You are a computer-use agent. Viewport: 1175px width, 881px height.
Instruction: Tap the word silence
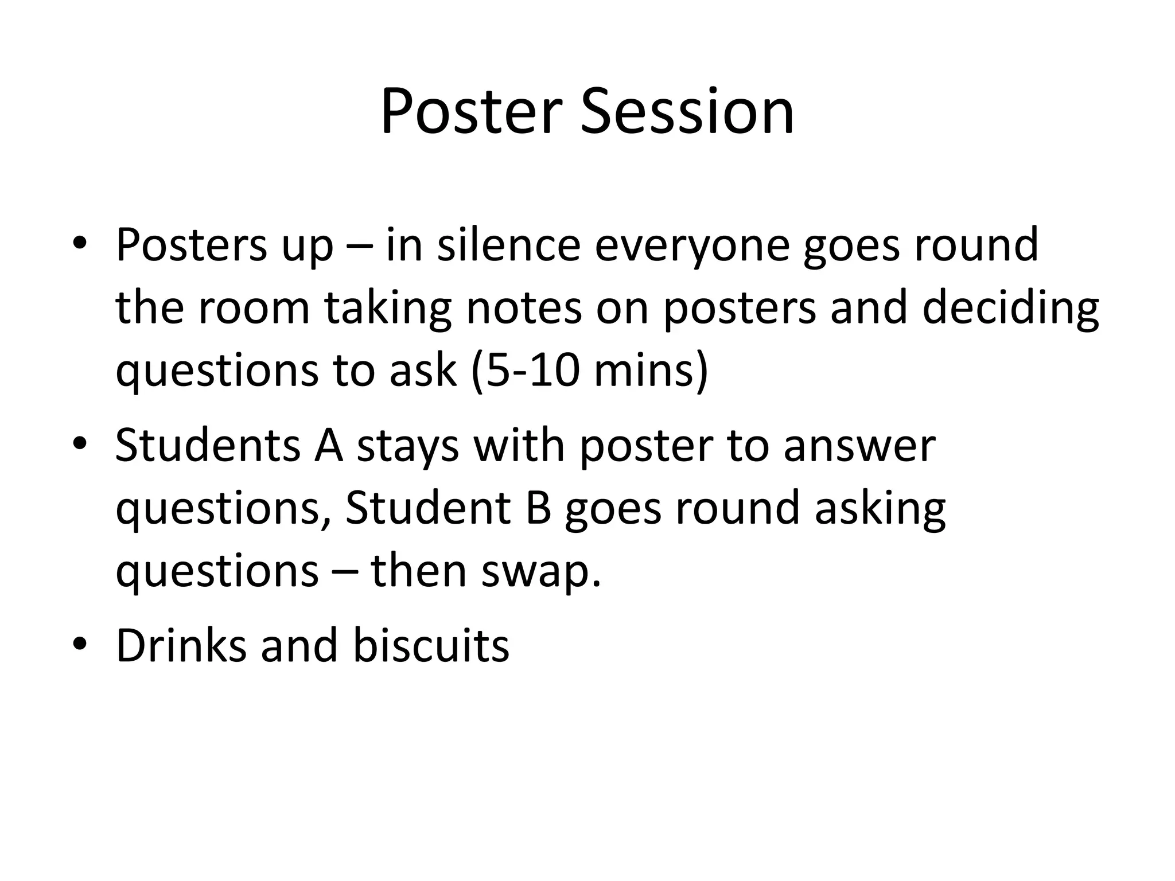508,245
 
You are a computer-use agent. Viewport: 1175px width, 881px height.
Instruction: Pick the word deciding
1010,310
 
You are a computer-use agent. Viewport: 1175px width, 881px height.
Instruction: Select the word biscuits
430,645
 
